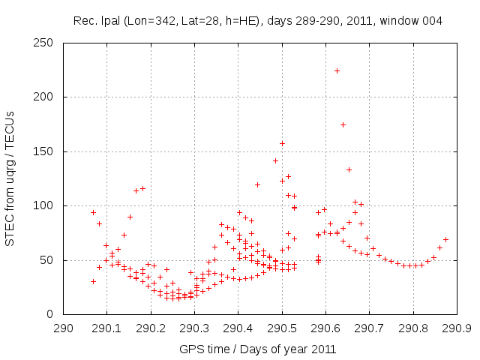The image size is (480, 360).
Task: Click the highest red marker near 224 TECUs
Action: pyautogui.click(x=337, y=70)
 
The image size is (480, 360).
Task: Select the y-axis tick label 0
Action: pyautogui.click(x=55, y=314)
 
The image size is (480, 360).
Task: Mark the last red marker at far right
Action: pyautogui.click(x=445, y=239)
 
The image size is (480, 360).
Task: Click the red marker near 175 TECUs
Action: pyautogui.click(x=343, y=124)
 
